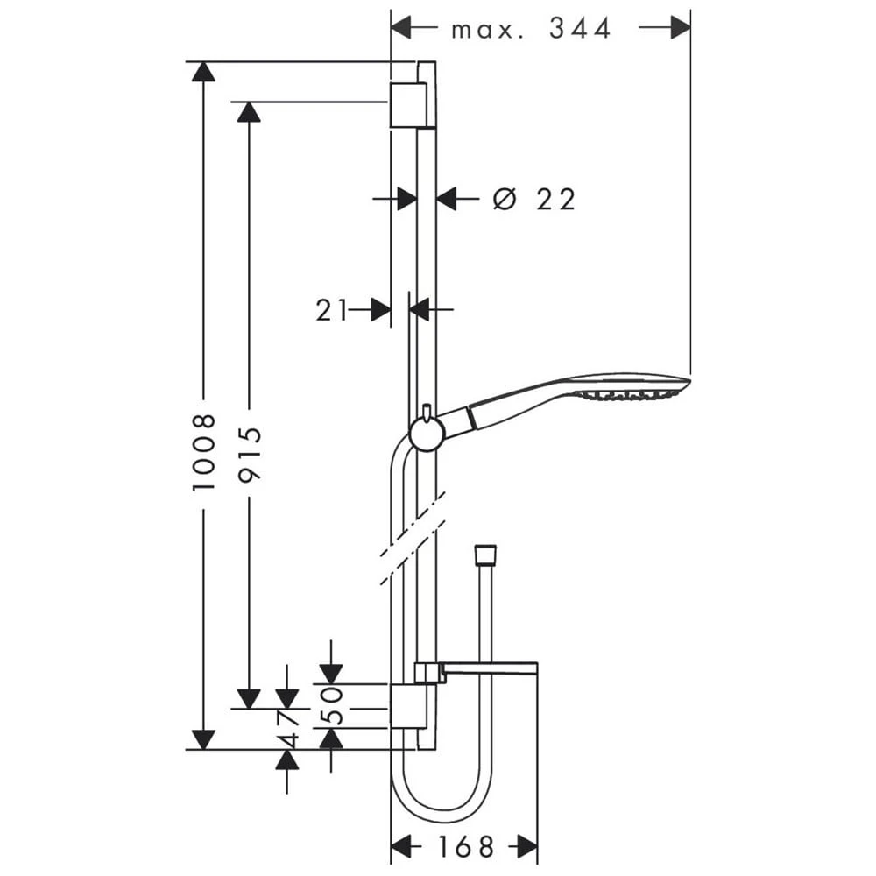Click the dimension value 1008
(x=203, y=453)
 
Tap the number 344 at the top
(x=580, y=28)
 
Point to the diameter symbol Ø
(x=505, y=199)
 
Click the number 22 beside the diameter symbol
(x=555, y=200)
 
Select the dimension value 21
(x=331, y=310)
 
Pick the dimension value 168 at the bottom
(x=466, y=846)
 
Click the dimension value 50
(x=331, y=706)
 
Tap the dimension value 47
(x=289, y=731)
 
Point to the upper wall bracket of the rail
(x=409, y=105)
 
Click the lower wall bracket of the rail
(x=403, y=706)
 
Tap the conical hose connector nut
(x=484, y=554)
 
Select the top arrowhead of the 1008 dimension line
(x=203, y=72)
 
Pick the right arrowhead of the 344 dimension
(x=680, y=27)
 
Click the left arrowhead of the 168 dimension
(x=401, y=846)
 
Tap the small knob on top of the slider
(x=427, y=411)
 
